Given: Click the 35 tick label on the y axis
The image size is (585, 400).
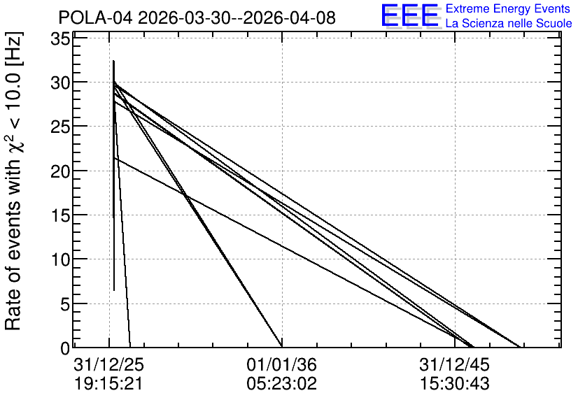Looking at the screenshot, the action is tap(60, 38).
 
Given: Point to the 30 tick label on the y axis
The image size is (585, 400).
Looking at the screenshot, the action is tap(60, 83).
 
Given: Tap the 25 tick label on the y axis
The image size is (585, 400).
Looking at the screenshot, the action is tap(60, 127).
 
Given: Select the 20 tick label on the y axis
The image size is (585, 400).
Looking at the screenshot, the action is tap(60, 171).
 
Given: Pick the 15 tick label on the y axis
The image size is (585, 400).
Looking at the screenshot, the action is tap(60, 216).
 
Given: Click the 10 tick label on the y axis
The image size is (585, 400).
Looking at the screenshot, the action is tap(60, 260).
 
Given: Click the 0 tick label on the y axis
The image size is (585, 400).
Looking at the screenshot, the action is tap(65, 348).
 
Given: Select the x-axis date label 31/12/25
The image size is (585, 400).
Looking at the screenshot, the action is tap(108, 364).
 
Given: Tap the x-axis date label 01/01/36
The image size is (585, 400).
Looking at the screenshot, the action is tap(282, 364).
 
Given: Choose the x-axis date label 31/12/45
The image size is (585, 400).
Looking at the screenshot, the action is tap(454, 364).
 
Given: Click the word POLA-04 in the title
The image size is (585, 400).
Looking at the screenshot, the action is tap(95, 17).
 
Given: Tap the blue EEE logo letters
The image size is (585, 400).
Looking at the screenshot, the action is tap(410, 15).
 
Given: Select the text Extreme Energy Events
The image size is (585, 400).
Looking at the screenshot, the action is tap(508, 8).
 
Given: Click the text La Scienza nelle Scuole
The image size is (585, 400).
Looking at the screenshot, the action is tap(509, 23).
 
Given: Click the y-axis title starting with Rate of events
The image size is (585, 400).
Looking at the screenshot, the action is tap(14, 181).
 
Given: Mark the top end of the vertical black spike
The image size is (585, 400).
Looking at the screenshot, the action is tap(114, 61).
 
